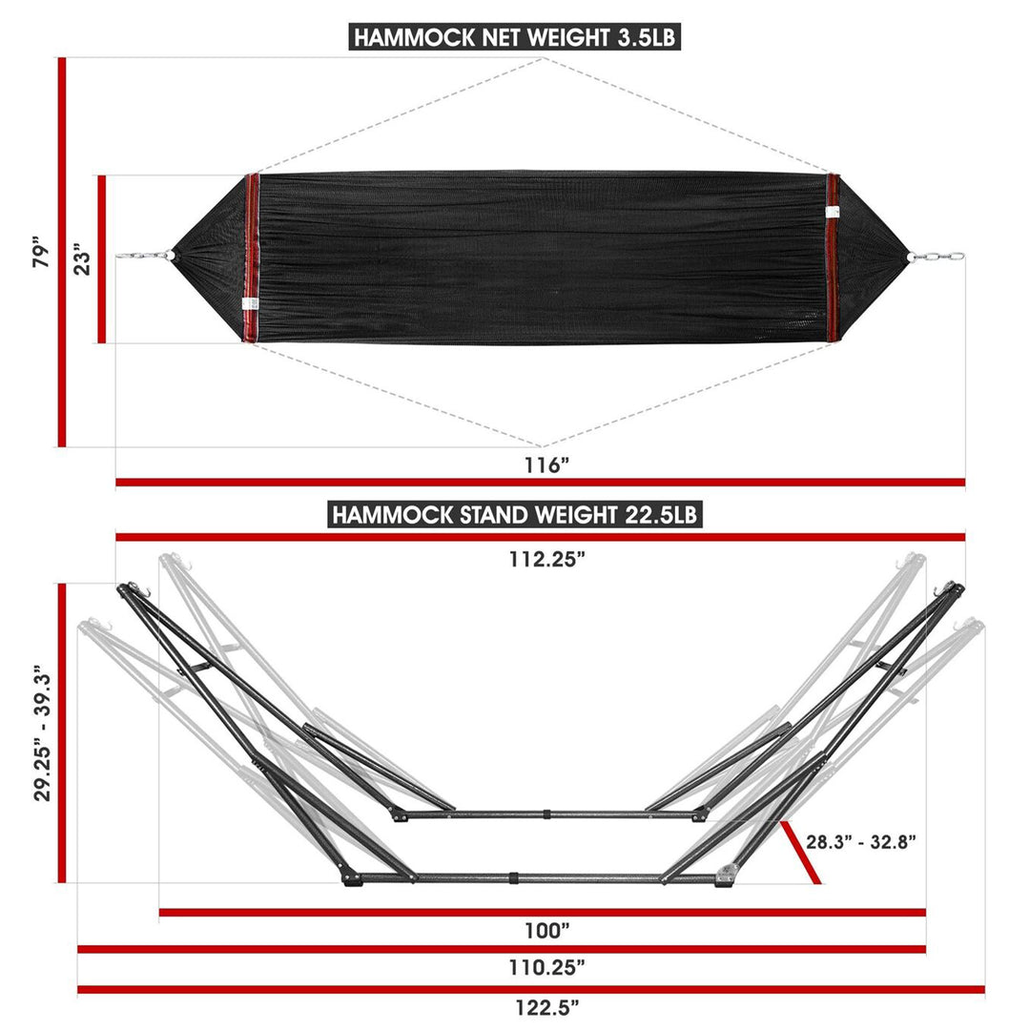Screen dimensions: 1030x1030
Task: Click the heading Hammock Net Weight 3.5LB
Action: click(x=515, y=37)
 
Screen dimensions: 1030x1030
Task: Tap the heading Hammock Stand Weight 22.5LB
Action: click(x=515, y=515)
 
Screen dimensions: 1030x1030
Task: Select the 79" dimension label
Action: click(x=38, y=252)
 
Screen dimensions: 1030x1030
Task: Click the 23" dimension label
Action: click(x=83, y=259)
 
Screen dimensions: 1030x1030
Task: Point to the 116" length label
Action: click(x=546, y=465)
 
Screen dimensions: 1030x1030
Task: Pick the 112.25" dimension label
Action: click(x=546, y=560)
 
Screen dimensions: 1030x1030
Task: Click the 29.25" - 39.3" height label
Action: click(x=41, y=732)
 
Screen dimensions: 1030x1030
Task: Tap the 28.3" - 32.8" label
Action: click(x=861, y=841)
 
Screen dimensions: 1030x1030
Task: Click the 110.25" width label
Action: click(x=546, y=967)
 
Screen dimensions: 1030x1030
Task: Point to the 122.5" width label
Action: click(x=546, y=1005)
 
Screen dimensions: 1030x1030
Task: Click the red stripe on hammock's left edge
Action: click(x=253, y=257)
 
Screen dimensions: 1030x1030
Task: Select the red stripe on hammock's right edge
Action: click(x=833, y=257)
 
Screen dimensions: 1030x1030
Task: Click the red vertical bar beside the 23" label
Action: click(x=101, y=259)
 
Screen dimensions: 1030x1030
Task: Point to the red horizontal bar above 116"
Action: click(x=540, y=483)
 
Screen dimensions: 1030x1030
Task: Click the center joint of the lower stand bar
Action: click(x=513, y=875)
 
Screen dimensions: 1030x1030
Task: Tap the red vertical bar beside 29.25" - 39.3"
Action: click(x=62, y=732)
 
